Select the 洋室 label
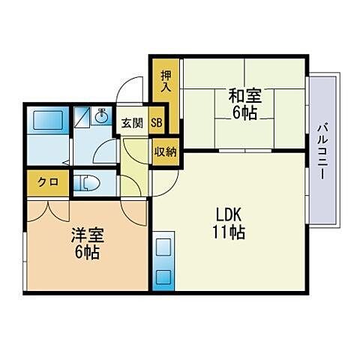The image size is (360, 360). pyautogui.click(x=85, y=235)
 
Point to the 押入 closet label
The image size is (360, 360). pyautogui.click(x=166, y=80)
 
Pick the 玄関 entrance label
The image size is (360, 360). pyautogui.click(x=132, y=124)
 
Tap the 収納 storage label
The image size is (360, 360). pyautogui.click(x=166, y=151)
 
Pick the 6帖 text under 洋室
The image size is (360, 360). pyautogui.click(x=85, y=252)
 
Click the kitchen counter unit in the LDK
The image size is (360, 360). pyautogui.click(x=163, y=262)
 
